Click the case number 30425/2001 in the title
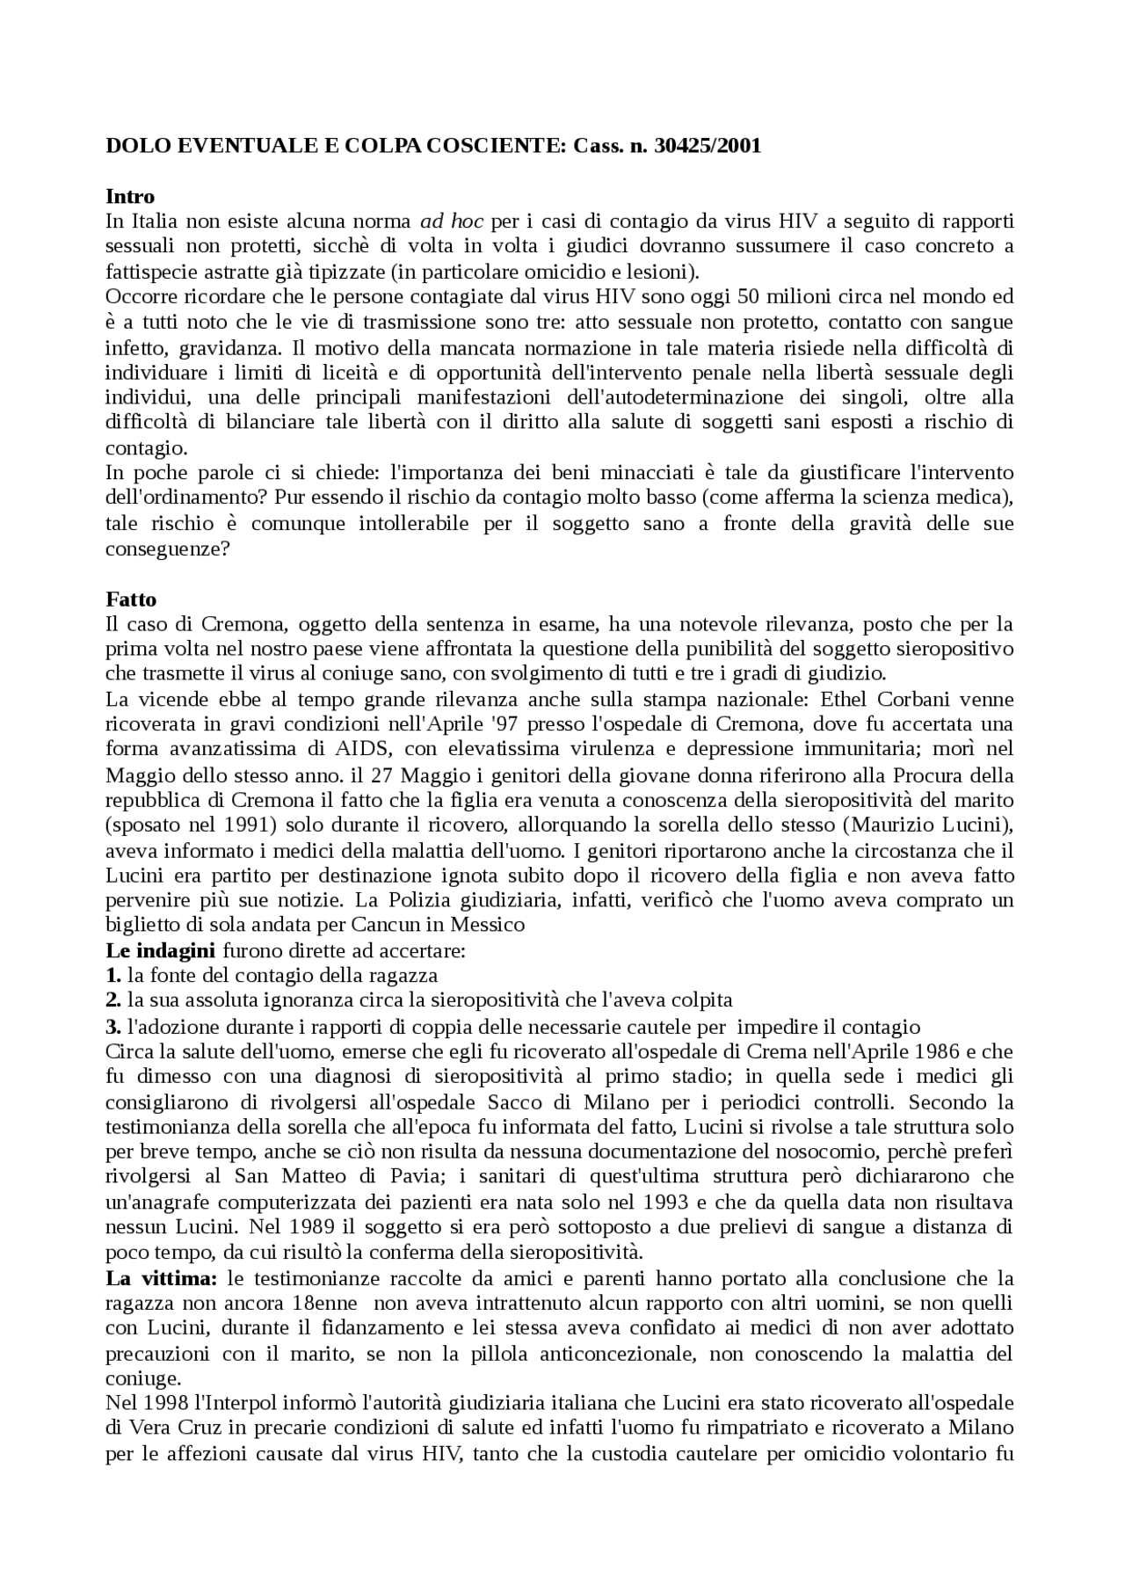pos(708,147)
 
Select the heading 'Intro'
pos(129,196)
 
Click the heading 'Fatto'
pos(131,600)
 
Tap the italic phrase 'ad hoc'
pos(450,222)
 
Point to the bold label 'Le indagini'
pos(160,950)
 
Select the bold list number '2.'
pos(112,1000)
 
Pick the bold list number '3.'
pos(112,1027)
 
